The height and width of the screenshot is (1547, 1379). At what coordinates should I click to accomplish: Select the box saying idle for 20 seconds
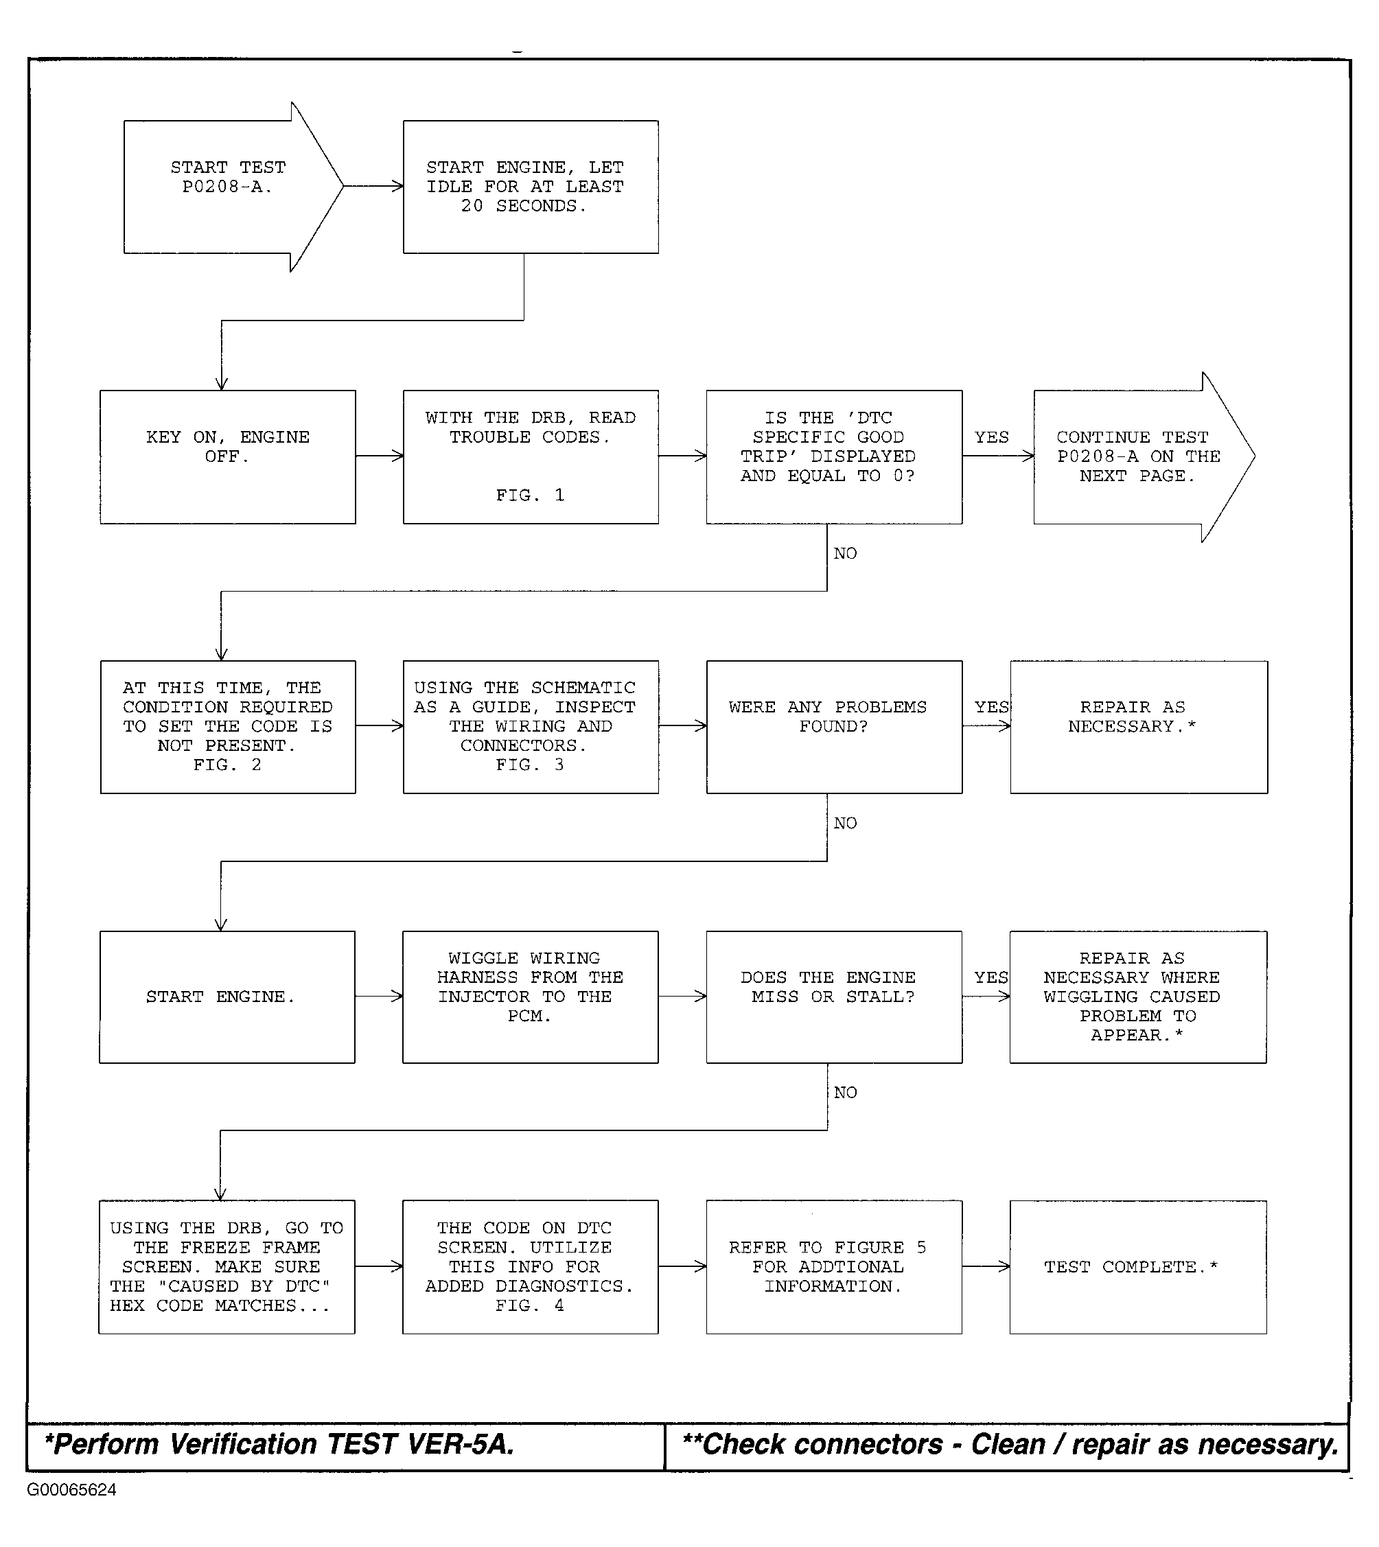coord(531,187)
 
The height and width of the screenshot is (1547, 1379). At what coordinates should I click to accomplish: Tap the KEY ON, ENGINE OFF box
coord(227,457)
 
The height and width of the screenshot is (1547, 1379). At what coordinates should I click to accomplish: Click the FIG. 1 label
coord(530,496)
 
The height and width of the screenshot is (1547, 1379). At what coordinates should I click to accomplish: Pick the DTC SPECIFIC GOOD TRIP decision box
coord(834,457)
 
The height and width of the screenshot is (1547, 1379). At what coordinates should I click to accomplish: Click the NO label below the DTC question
coord(846,554)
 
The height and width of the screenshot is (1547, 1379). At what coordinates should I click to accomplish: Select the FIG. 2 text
coord(227,765)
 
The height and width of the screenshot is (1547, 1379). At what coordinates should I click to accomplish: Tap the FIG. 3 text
coord(530,765)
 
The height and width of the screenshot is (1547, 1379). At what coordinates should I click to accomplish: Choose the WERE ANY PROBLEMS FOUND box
coord(834,728)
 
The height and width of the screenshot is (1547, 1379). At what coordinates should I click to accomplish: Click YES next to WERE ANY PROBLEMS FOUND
coord(991,708)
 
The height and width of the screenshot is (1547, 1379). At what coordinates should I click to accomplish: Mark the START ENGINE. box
coord(227,997)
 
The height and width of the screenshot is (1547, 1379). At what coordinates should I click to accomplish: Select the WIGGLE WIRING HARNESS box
coord(531,997)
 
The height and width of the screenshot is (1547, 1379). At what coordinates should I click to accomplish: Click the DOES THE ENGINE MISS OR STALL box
coord(834,997)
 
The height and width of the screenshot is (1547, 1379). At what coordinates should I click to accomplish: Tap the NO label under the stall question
coord(846,1093)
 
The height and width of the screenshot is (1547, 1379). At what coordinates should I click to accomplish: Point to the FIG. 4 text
coord(530,1305)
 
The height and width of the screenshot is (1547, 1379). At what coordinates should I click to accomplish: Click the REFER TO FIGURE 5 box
coord(834,1268)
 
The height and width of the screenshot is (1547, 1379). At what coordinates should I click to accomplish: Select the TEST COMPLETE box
coord(1138,1268)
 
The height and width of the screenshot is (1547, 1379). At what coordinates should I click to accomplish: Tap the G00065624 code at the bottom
coord(72,1489)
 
